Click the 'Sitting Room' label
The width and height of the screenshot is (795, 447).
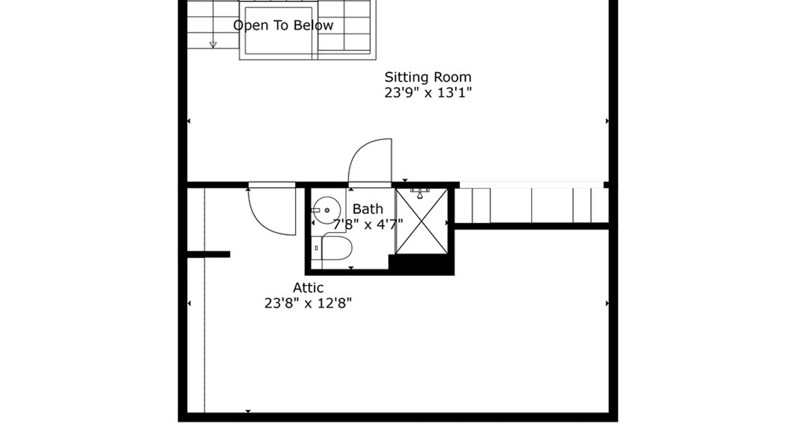(x=428, y=77)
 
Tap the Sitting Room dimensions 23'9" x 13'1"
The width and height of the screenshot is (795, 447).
(x=428, y=93)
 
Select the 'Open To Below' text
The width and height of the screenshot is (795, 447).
(x=283, y=26)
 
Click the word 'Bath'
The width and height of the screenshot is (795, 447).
(x=368, y=209)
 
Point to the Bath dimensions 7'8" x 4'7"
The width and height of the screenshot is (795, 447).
(x=368, y=225)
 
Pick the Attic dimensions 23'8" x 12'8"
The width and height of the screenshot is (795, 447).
(x=308, y=303)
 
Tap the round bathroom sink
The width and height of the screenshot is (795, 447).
(x=327, y=210)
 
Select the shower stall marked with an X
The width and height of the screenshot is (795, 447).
(x=422, y=221)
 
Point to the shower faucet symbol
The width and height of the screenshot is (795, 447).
(x=420, y=193)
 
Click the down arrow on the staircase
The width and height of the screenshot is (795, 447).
(x=213, y=45)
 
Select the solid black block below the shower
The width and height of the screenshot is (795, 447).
(x=420, y=264)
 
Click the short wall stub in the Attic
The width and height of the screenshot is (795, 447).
(x=208, y=255)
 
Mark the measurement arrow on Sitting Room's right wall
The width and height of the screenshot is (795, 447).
(x=607, y=121)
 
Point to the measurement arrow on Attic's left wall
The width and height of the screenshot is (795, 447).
(x=189, y=303)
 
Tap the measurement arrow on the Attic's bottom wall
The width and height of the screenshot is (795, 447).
(x=248, y=411)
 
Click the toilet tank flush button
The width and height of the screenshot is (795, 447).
(x=316, y=248)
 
